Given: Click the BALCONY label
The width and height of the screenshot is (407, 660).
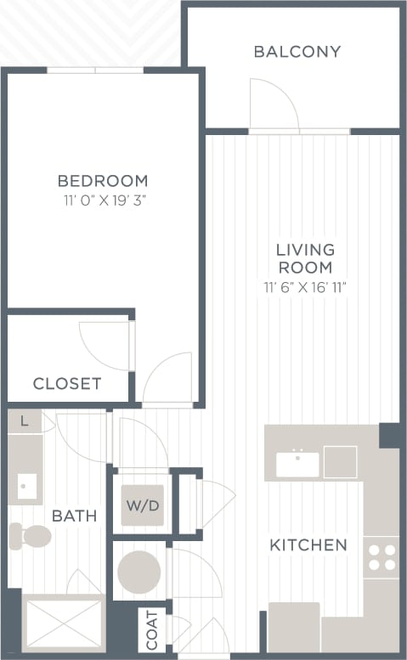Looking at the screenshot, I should (297, 52).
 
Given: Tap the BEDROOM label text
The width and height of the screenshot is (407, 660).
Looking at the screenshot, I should (103, 181).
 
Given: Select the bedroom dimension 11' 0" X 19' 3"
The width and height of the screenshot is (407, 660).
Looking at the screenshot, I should (103, 201).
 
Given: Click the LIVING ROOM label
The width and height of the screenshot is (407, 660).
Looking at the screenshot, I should (306, 258).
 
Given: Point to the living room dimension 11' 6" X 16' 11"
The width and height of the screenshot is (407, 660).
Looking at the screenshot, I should (306, 287).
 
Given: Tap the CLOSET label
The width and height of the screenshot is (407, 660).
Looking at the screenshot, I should (67, 384).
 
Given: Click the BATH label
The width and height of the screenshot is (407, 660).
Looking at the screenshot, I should (74, 516).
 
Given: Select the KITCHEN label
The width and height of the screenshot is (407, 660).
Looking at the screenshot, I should (308, 544).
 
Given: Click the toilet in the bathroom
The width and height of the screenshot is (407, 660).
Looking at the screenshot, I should (31, 535).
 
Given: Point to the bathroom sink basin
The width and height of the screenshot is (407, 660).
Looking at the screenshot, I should (26, 486).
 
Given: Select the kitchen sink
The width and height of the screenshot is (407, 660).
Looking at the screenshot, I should (297, 464).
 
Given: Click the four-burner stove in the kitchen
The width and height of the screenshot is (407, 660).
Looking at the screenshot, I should (381, 557).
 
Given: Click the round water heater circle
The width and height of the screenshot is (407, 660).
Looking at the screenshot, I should (138, 572).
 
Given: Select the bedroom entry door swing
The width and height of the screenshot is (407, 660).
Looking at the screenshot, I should (167, 379).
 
